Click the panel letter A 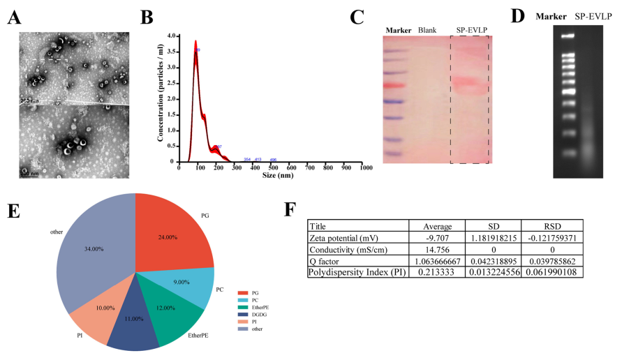13,19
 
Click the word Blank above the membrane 427,30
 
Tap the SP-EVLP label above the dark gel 589,16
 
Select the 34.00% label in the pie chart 94,247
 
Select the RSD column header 551,226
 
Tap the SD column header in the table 492,226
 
